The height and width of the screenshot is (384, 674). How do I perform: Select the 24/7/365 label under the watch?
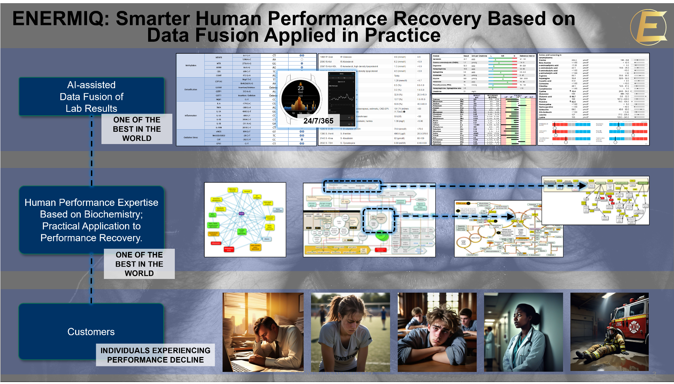318,121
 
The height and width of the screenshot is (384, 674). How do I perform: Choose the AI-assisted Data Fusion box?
91,97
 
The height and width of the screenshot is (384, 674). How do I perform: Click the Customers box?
91,331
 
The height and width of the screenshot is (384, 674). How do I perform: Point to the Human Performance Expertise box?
91,220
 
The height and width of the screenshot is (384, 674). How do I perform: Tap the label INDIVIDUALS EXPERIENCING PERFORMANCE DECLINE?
155,355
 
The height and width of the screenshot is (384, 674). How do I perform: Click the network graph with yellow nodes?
245,220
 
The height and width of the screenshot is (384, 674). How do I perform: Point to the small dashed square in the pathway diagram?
379,220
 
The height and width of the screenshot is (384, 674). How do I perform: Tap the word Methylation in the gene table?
191,65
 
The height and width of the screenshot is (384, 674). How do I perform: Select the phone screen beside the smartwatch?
342,98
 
